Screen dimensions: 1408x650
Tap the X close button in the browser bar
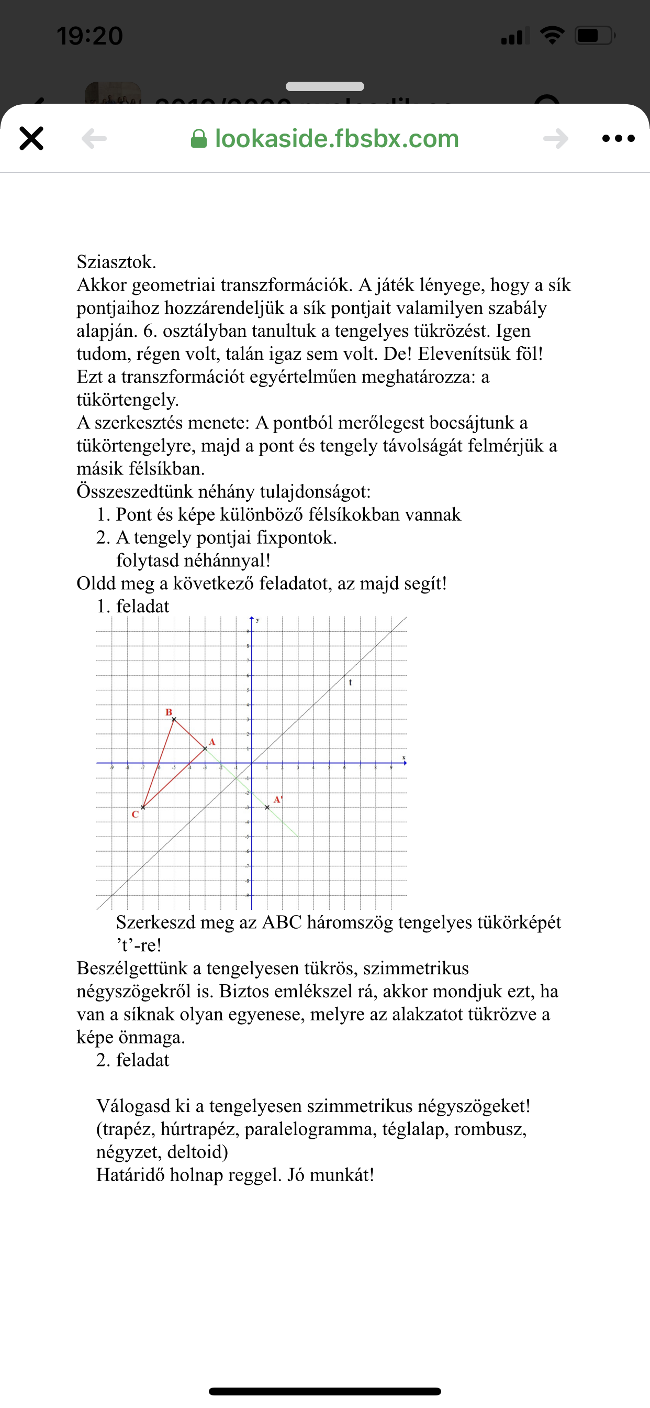coord(31,138)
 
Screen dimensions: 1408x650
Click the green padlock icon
coord(198,139)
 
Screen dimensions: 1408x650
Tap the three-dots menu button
coord(618,138)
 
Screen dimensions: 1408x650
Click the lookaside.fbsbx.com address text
coord(337,139)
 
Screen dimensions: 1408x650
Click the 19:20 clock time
coord(90,36)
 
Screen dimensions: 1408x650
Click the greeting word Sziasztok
coord(116,262)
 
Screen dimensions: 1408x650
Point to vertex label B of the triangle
coord(169,712)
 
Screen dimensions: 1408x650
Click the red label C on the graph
coord(135,814)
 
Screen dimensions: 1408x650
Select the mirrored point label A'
coord(277,800)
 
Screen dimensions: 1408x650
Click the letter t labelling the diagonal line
coord(350,682)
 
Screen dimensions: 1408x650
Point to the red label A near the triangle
coord(212,742)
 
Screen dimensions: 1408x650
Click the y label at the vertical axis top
coord(257,620)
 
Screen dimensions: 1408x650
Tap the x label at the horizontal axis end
coord(404,757)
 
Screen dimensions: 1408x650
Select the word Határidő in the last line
coord(130,1174)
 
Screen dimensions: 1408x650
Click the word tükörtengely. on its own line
coord(127,400)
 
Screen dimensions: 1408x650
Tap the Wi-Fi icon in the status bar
coord(552,36)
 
